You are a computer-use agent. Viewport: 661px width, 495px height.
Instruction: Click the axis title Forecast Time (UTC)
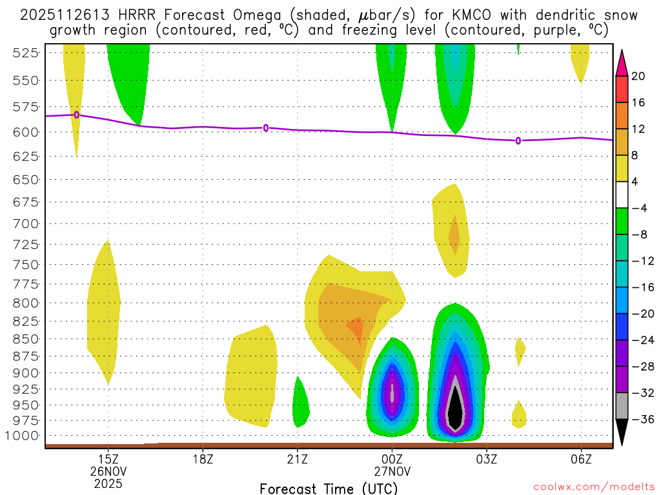(x=329, y=488)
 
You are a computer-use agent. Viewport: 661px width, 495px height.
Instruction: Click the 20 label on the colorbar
(x=638, y=76)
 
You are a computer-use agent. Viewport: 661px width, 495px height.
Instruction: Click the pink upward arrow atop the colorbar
(x=622, y=61)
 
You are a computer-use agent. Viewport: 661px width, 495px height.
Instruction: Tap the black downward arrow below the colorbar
(x=622, y=434)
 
